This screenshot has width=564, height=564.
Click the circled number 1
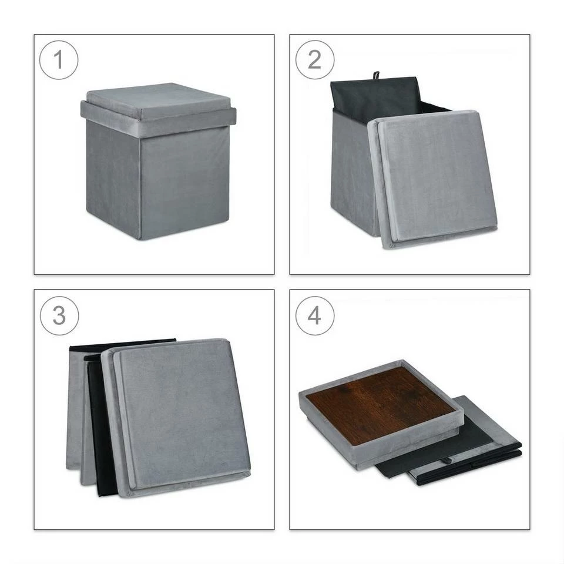[59, 60]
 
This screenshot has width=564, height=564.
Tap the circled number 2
[315, 60]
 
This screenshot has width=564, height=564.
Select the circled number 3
[59, 316]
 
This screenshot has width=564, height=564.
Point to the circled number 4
[315, 316]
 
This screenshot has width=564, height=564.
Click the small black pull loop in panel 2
[376, 76]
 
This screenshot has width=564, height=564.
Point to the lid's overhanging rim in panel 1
[158, 119]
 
